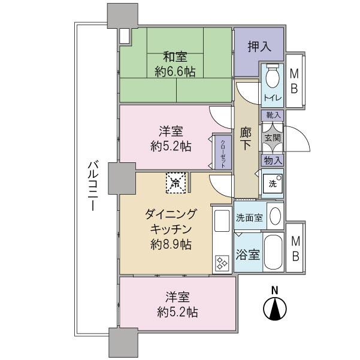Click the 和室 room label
(175, 58)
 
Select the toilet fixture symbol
(272, 76)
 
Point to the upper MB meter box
(295, 81)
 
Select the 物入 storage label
(272, 160)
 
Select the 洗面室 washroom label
(249, 217)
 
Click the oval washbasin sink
(275, 216)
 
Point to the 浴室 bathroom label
(247, 254)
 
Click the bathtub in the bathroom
(275, 253)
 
